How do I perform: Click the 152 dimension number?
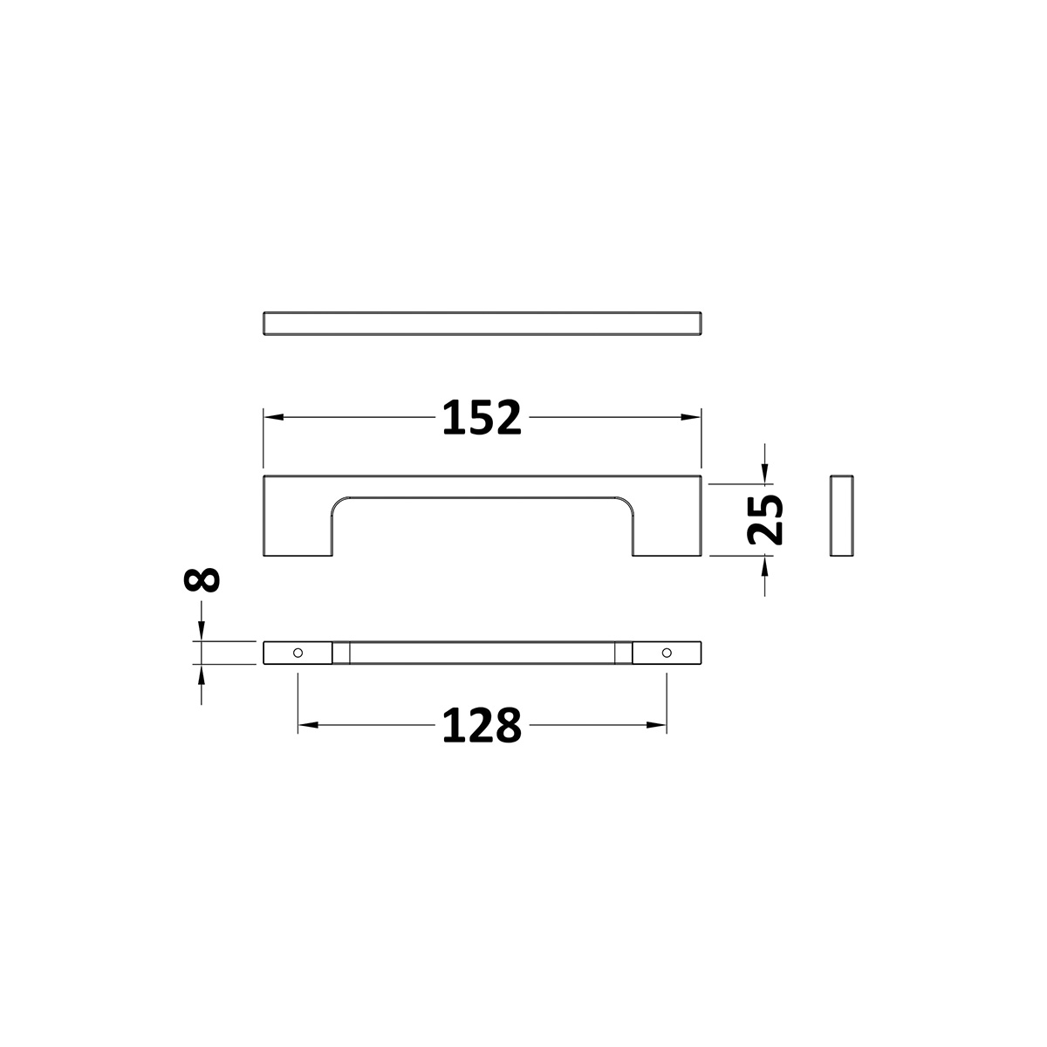(x=482, y=418)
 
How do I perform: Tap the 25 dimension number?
(x=765, y=519)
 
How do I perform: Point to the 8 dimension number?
(x=202, y=580)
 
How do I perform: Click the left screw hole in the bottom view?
(x=298, y=653)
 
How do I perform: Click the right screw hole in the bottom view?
(x=667, y=653)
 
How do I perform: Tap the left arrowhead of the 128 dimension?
(x=307, y=725)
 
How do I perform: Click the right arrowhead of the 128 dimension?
(x=659, y=725)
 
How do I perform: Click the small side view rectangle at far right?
(x=841, y=517)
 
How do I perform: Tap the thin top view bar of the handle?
(x=482, y=322)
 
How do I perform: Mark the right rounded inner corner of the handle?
(x=625, y=504)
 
